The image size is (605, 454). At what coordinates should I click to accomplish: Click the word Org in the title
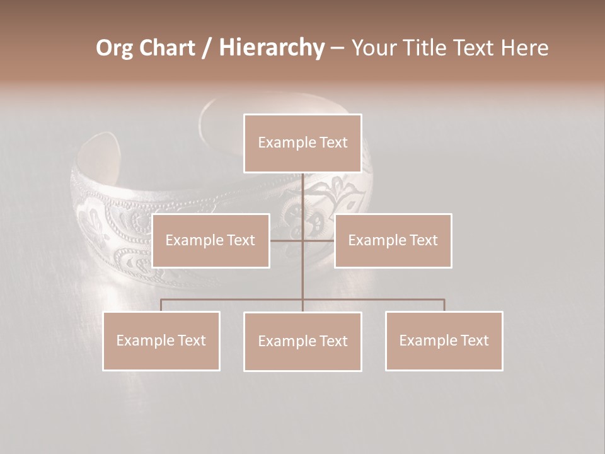coord(114,48)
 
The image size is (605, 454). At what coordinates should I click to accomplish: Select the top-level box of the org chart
coord(302,143)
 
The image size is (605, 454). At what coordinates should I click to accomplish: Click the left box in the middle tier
coord(210,240)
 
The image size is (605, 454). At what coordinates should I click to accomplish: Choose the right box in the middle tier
coord(393,240)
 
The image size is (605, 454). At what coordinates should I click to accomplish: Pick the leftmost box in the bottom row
coord(161,340)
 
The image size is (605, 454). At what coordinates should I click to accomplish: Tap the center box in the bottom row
coord(302,341)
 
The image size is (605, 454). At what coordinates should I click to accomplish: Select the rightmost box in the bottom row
coord(444,340)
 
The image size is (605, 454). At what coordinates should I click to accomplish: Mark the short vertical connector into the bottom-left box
coord(161,305)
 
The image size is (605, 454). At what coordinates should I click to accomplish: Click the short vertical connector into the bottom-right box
coord(444,305)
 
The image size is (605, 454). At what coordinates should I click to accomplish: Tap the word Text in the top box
coord(333,143)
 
